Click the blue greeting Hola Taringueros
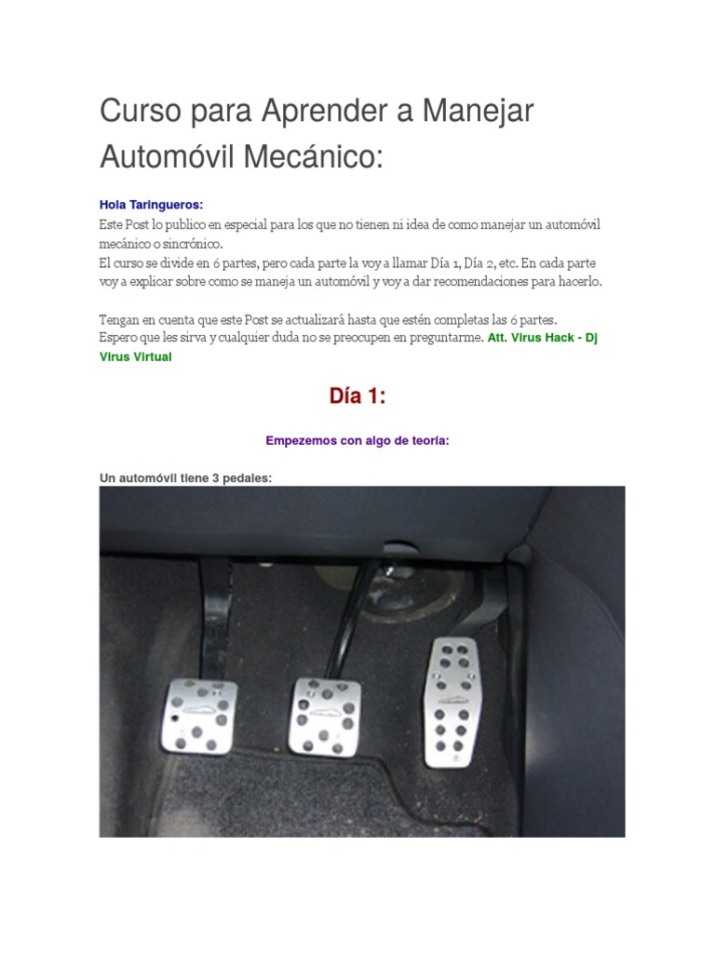pyautogui.click(x=151, y=205)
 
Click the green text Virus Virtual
pyautogui.click(x=135, y=356)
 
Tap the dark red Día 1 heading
pyautogui.click(x=357, y=396)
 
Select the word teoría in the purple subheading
pyautogui.click(x=428, y=441)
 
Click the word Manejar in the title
pyautogui.click(x=478, y=112)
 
